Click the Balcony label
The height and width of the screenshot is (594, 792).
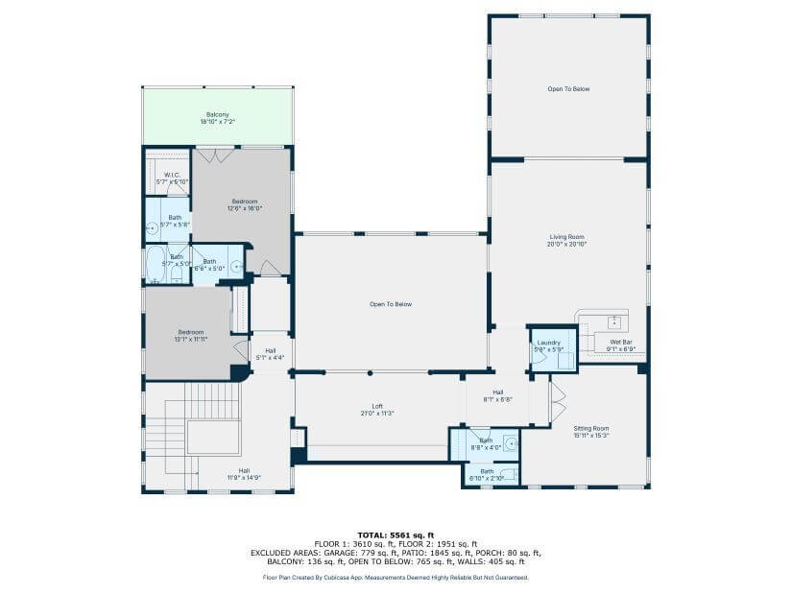[x=217, y=119]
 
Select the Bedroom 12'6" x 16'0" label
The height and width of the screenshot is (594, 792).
[x=245, y=204]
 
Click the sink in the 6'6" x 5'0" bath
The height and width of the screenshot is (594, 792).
[x=235, y=266]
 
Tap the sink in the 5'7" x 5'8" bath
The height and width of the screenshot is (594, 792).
[x=152, y=228]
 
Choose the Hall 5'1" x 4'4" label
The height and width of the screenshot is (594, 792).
[x=270, y=353]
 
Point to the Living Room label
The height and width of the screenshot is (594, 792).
[x=566, y=240]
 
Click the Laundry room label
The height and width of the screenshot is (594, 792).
[x=548, y=345]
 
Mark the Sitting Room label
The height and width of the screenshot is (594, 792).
[x=591, y=432]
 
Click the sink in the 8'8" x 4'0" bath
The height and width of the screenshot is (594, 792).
[x=510, y=444]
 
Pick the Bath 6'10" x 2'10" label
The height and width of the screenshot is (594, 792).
[x=487, y=474]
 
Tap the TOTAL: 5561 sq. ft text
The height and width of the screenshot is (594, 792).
[x=396, y=535]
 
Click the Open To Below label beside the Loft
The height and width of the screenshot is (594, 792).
[x=391, y=304]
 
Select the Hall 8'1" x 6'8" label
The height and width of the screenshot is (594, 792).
[x=498, y=395]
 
